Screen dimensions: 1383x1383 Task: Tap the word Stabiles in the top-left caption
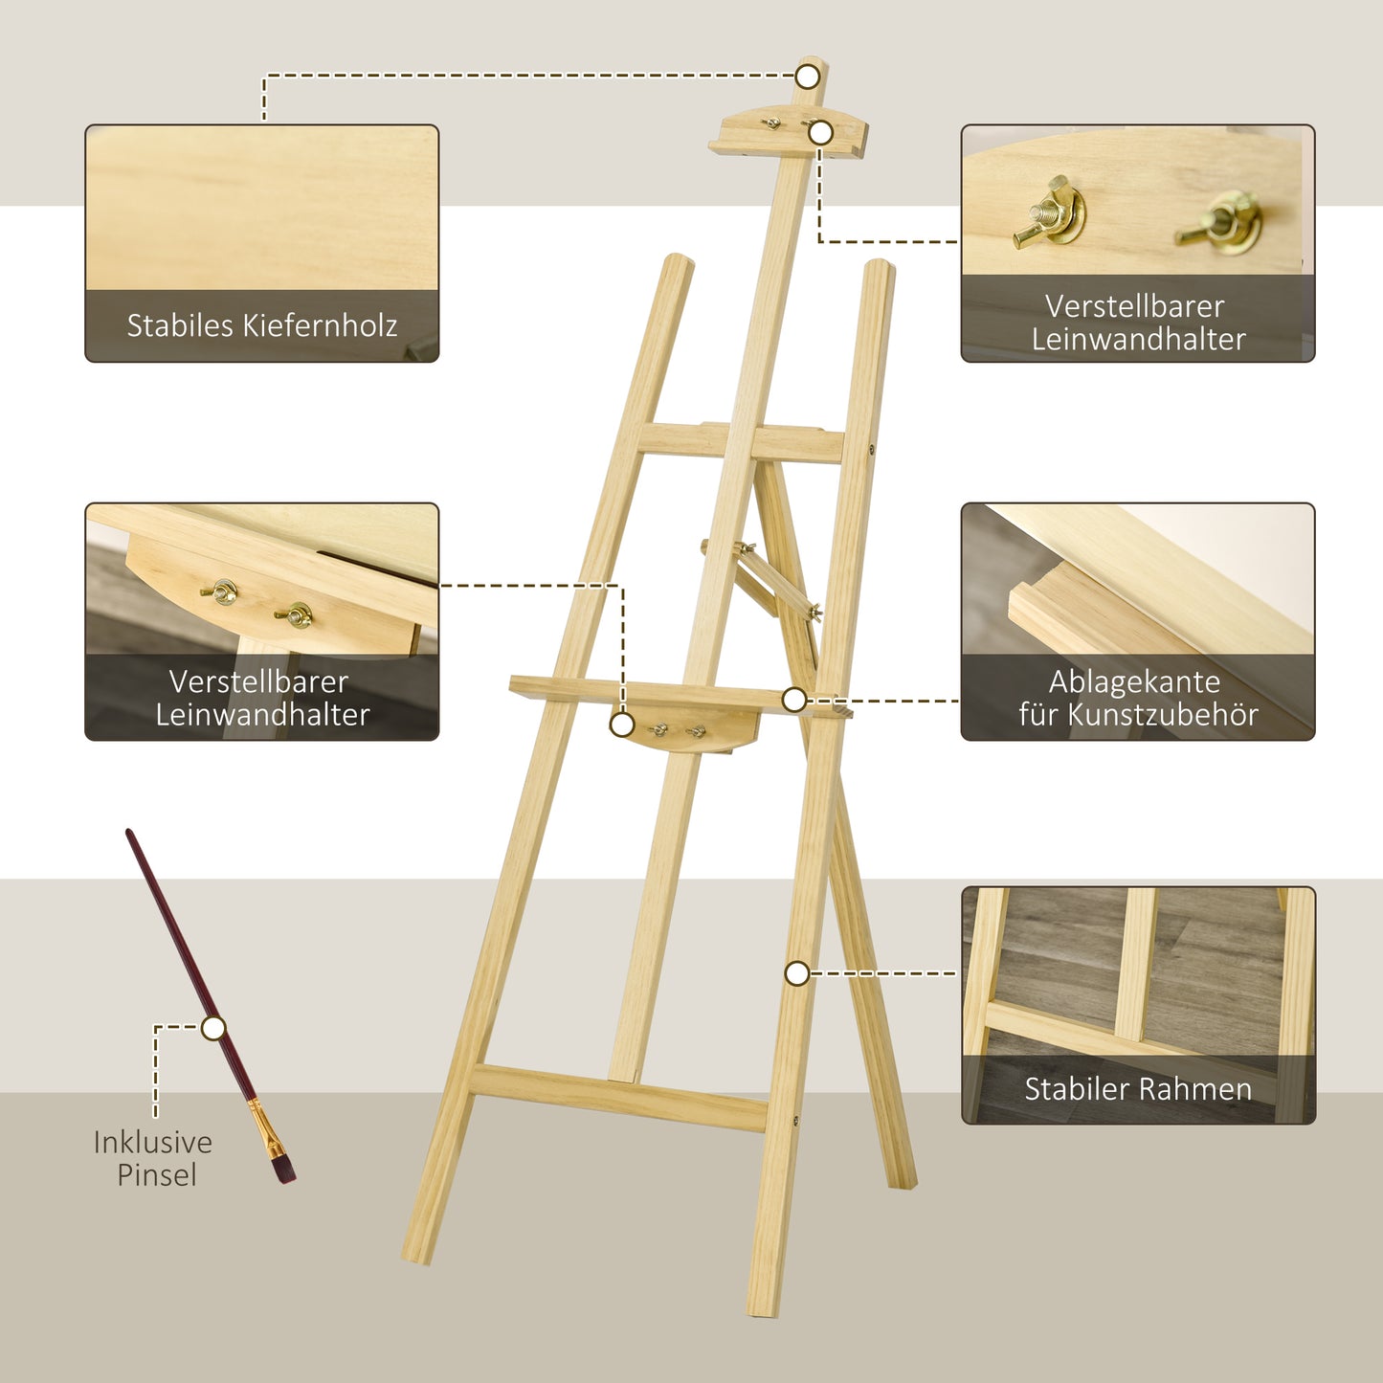(x=179, y=325)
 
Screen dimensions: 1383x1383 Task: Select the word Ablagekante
(x=1134, y=681)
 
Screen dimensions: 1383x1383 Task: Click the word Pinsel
(x=157, y=1174)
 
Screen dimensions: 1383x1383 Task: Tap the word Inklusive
(x=153, y=1142)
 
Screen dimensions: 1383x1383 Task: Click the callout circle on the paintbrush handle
(x=213, y=1029)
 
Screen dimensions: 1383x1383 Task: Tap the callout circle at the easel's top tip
(x=809, y=76)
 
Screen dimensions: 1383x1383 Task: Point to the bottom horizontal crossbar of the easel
(x=617, y=1098)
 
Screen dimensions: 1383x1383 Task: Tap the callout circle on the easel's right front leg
(x=797, y=973)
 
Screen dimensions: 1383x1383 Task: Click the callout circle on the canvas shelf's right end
(x=793, y=700)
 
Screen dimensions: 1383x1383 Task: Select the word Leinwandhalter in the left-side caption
(x=262, y=714)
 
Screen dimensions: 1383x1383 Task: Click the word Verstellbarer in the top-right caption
(x=1134, y=306)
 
